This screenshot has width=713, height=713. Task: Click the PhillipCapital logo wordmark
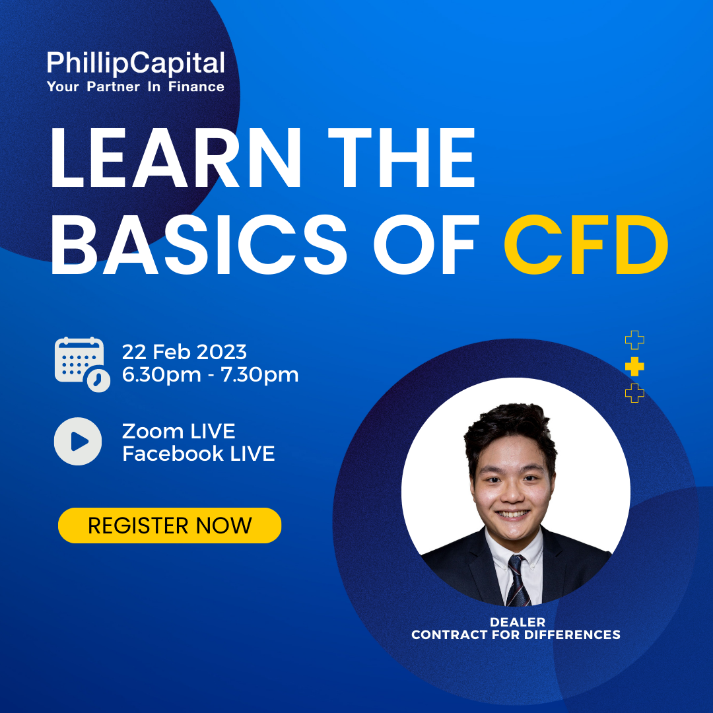tap(135, 63)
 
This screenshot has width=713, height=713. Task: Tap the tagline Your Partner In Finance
tap(135, 87)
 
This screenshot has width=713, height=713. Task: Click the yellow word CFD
tap(586, 245)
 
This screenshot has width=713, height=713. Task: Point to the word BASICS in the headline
tap(199, 245)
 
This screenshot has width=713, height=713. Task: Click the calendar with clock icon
tap(83, 364)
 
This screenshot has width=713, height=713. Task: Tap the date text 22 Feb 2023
tap(184, 352)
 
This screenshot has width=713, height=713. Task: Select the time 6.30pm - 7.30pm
tap(210, 375)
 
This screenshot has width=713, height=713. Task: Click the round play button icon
tap(78, 441)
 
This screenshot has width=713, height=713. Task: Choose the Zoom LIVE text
tap(179, 431)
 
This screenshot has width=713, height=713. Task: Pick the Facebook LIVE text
tap(198, 454)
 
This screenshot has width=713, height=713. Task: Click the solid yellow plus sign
tap(634, 366)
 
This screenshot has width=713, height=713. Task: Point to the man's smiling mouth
tap(512, 514)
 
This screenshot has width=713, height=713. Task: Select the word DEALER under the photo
tap(518, 622)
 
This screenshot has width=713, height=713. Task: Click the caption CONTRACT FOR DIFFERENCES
tap(516, 635)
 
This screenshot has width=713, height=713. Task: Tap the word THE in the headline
tap(401, 157)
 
